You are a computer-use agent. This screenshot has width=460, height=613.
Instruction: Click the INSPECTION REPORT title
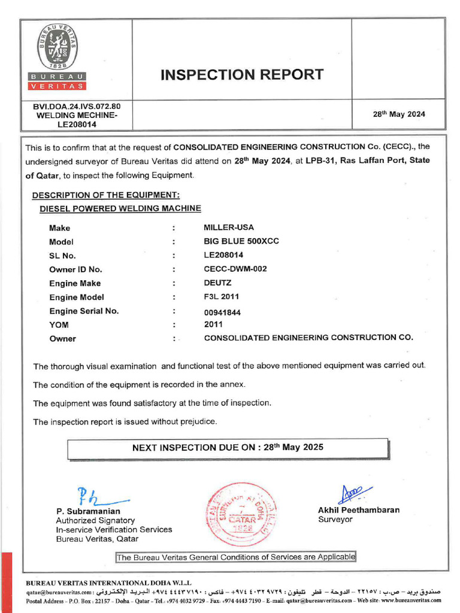(x=242, y=74)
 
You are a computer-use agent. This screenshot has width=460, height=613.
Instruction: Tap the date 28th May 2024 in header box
(x=399, y=114)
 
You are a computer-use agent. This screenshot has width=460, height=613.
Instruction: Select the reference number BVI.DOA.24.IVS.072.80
(x=77, y=106)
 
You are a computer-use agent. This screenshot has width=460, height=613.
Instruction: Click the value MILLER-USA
(x=229, y=227)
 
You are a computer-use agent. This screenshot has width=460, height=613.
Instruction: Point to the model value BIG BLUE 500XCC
(x=241, y=241)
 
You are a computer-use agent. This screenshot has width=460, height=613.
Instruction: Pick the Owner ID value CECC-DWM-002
(x=235, y=269)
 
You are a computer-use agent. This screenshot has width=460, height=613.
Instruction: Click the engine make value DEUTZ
(x=217, y=283)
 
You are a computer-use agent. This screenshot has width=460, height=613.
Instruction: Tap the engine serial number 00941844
(x=222, y=312)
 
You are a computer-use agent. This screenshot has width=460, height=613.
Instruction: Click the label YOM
(x=59, y=325)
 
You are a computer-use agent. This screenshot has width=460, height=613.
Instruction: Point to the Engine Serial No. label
(x=84, y=311)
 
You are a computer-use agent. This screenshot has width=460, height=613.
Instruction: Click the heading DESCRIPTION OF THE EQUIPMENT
(x=105, y=196)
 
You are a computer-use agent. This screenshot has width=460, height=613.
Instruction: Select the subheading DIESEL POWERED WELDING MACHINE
(x=120, y=208)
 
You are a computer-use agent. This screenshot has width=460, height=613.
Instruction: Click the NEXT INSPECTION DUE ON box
(x=228, y=448)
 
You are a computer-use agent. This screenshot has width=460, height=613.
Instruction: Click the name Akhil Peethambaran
(x=359, y=510)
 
